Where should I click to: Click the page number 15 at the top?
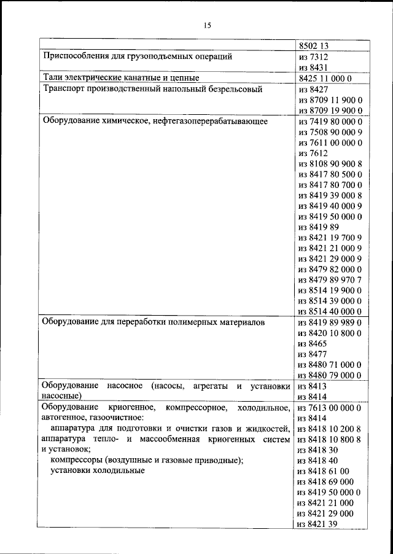[x=207, y=25]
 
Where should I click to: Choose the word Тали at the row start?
[x=52, y=78]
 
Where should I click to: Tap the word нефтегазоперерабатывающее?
[x=211, y=122]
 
